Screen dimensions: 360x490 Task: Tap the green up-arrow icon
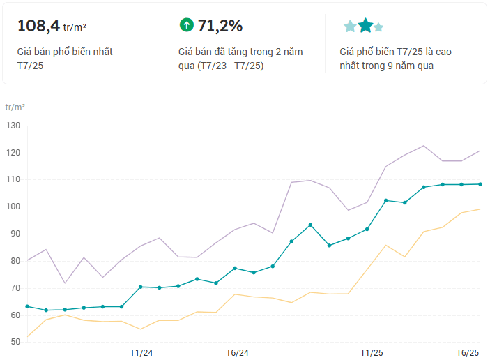[186, 25]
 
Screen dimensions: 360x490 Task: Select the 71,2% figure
[220, 26]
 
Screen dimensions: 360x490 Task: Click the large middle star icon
[365, 26]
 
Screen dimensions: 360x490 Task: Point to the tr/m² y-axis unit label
[15, 107]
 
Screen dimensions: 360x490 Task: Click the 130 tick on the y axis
[14, 126]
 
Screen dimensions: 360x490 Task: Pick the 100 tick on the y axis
[14, 207]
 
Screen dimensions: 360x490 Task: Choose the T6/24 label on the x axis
[237, 352]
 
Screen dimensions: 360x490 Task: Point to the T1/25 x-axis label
[371, 352]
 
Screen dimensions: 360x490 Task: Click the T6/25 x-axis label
[468, 352]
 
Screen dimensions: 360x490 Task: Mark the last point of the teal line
[480, 184]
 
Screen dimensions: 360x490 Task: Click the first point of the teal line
[27, 306]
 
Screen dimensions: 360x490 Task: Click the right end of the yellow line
[480, 209]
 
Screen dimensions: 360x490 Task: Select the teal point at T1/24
[141, 287]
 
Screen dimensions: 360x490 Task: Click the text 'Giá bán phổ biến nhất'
[65, 52]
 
